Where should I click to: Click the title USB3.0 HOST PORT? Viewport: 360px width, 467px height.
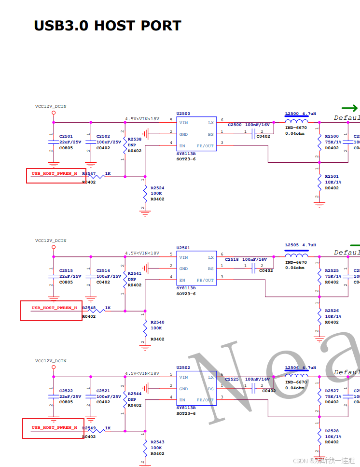(107, 26)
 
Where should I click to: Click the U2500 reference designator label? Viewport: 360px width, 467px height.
(183, 114)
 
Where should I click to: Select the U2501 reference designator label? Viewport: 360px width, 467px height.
(183, 248)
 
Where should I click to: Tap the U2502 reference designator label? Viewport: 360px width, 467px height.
(183, 368)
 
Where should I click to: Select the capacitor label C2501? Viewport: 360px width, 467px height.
(66, 137)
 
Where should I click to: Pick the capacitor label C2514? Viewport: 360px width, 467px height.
(103, 271)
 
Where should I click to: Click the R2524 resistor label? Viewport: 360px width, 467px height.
(157, 187)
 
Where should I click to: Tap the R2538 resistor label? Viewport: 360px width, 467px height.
(135, 139)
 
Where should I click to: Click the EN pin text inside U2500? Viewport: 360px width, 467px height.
(182, 146)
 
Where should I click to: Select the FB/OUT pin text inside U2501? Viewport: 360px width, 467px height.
(206, 280)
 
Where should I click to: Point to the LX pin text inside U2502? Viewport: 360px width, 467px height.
(211, 377)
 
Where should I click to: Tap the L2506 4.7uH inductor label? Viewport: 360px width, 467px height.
(300, 368)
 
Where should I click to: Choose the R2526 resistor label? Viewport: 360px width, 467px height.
(332, 311)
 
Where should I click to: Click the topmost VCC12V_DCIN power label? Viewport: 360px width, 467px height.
(51, 106)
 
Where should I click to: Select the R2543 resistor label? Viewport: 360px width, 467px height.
(157, 442)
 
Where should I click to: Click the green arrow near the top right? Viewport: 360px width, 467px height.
(349, 108)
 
